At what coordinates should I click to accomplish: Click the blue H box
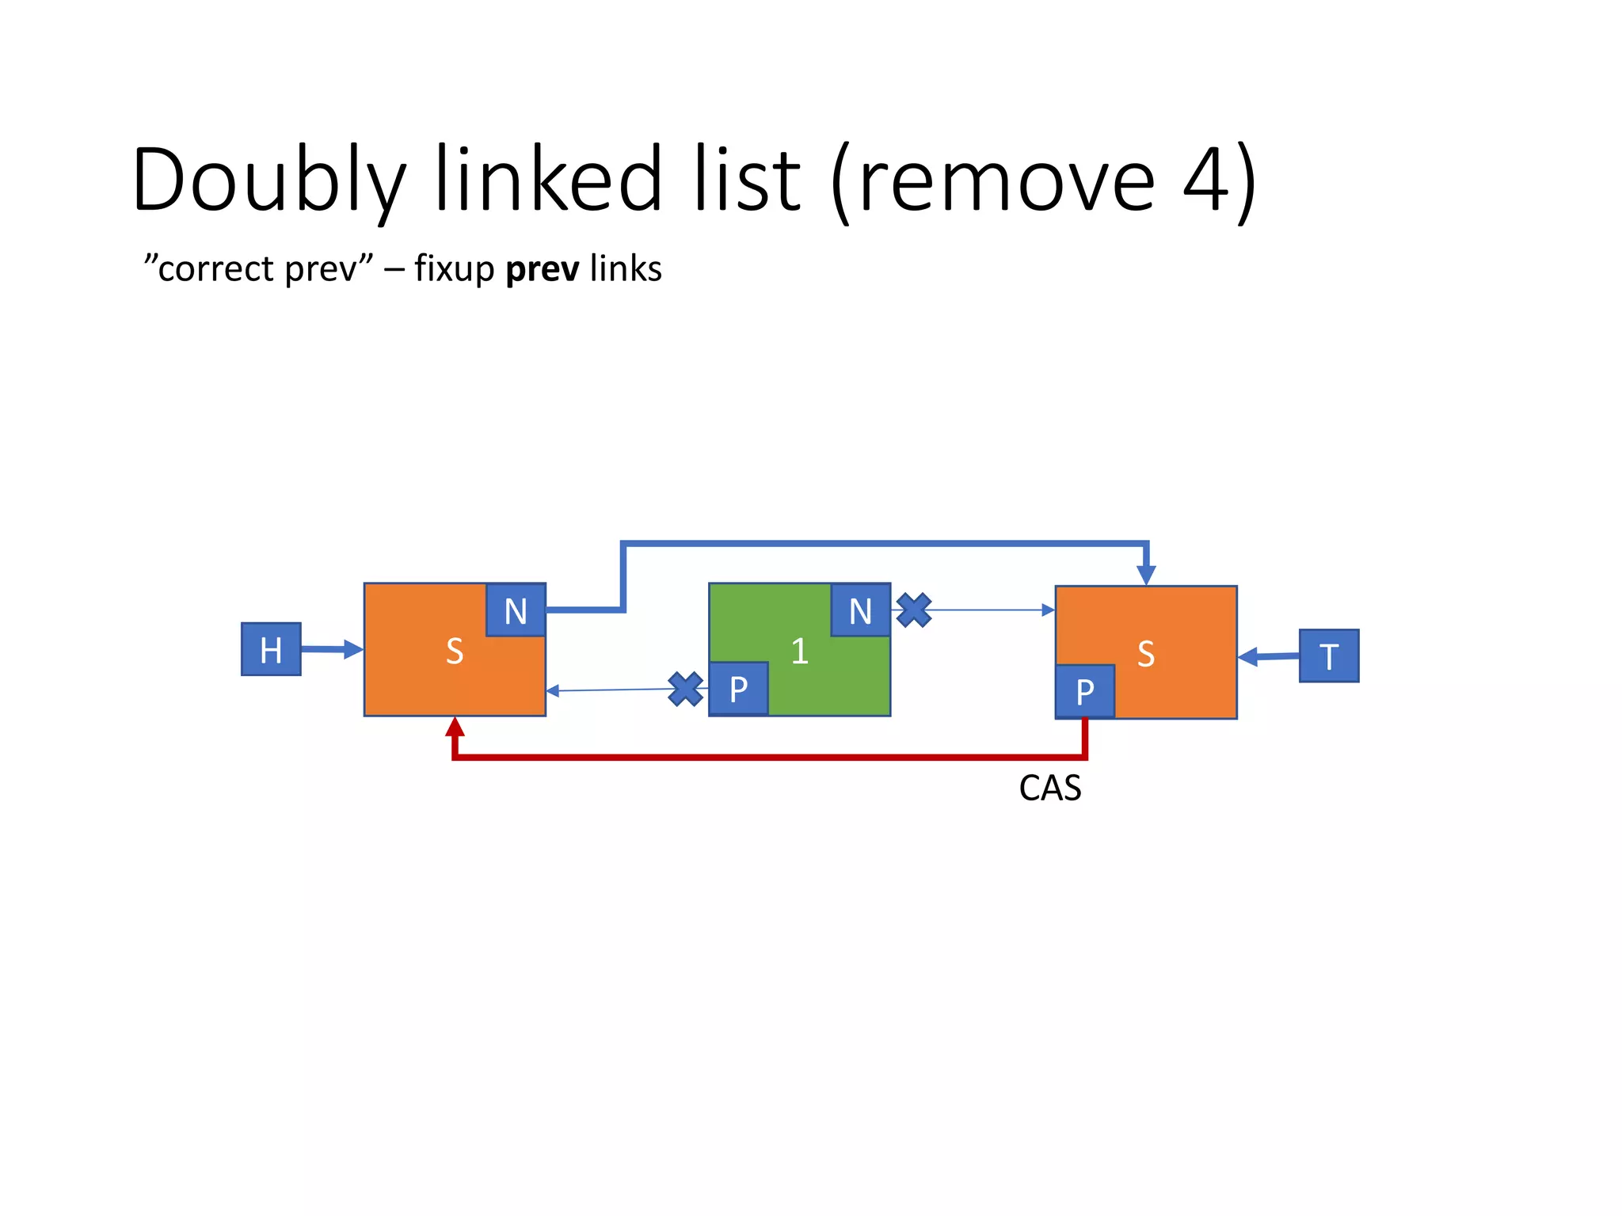click(271, 649)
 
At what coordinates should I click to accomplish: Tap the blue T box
click(1328, 655)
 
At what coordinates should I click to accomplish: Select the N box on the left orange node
click(516, 610)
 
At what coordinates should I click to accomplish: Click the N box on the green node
click(860, 610)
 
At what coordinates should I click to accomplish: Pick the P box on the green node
click(738, 689)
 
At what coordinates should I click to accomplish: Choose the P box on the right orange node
click(1084, 691)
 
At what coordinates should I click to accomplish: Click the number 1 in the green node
click(799, 652)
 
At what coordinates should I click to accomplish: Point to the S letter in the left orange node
click(454, 652)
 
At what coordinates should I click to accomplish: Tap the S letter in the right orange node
click(1145, 655)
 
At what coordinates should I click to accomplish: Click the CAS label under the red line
click(1049, 788)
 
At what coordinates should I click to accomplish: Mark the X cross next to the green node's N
click(914, 610)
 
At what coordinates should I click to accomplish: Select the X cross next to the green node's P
click(685, 689)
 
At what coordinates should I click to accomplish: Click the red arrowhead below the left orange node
click(455, 726)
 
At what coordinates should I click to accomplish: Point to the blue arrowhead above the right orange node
click(1146, 575)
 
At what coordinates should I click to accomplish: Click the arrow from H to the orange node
click(331, 650)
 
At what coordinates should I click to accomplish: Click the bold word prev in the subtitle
click(542, 269)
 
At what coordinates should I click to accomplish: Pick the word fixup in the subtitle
click(454, 269)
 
